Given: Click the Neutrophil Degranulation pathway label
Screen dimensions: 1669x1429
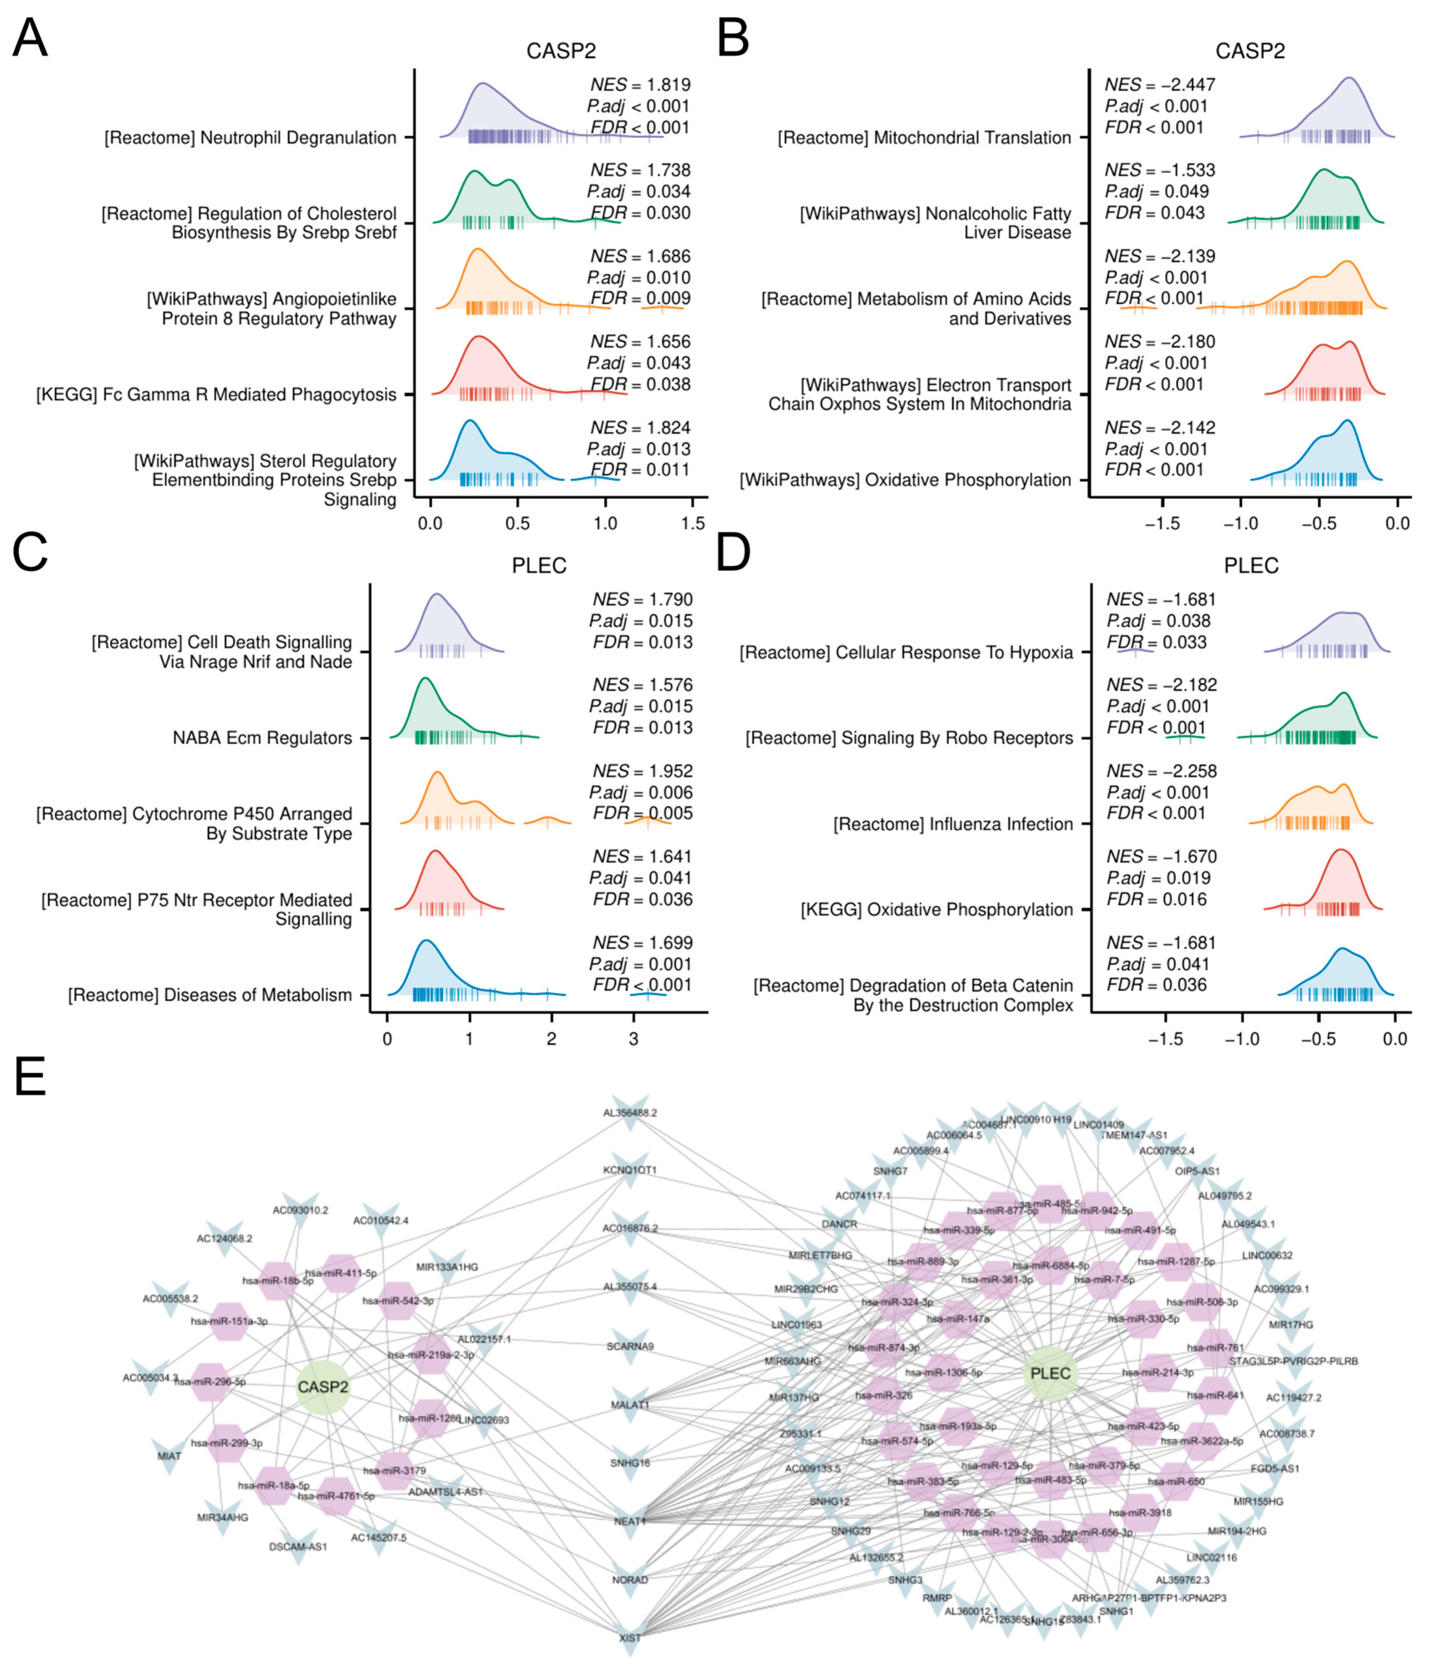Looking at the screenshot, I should click(x=250, y=138).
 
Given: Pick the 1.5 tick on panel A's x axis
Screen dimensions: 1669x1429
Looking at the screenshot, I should click(x=693, y=524).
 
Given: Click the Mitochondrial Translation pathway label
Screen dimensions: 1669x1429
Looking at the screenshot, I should click(x=924, y=138).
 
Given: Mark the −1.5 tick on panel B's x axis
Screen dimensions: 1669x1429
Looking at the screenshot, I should click(x=1162, y=524).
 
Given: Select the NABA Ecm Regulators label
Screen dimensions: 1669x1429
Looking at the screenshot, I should click(x=262, y=738).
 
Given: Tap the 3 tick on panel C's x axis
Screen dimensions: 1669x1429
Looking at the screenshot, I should click(x=634, y=1039).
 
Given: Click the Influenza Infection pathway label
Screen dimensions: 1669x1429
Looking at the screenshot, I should click(x=953, y=824).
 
